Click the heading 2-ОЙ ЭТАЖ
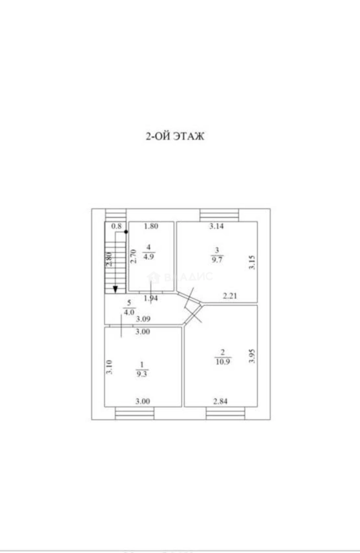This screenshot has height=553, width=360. point(176,137)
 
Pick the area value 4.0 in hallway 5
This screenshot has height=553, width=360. point(129,310)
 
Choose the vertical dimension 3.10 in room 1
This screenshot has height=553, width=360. point(109,367)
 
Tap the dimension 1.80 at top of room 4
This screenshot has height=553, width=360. point(152,226)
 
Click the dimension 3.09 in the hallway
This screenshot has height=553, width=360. point(143,319)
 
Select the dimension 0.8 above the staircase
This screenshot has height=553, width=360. point(116,226)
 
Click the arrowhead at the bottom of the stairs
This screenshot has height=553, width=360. point(116,289)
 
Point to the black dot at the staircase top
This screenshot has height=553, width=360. point(125,232)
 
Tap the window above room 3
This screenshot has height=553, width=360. point(219,214)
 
